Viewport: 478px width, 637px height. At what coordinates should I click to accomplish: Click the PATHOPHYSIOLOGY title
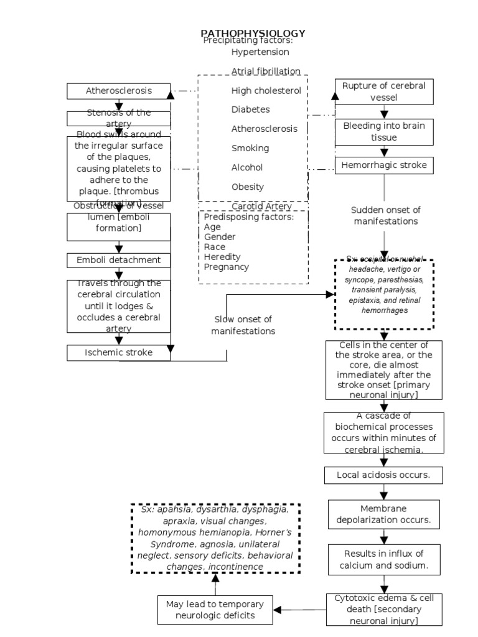[x=253, y=33]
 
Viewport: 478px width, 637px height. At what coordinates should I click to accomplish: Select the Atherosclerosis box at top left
[x=118, y=91]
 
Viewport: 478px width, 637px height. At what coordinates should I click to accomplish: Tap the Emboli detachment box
[x=118, y=260]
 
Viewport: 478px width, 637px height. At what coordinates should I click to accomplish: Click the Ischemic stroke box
[x=118, y=353]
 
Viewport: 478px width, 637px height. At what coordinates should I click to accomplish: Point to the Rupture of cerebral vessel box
[x=384, y=91]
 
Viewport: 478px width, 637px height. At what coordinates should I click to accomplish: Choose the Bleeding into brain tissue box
[x=384, y=131]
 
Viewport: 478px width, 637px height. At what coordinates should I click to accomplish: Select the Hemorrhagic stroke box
[x=384, y=165]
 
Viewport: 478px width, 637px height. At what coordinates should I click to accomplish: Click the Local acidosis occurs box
[x=384, y=475]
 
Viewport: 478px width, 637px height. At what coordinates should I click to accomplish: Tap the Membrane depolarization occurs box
[x=384, y=514]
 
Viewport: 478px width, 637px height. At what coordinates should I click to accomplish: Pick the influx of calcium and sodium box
[x=384, y=560]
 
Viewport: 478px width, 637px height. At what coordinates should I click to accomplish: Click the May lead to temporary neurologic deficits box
[x=215, y=610]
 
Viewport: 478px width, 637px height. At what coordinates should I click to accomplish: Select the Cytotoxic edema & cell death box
[x=384, y=609]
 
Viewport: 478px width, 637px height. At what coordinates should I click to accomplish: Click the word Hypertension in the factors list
[x=260, y=52]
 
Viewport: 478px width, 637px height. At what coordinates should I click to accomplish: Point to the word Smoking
[x=250, y=148]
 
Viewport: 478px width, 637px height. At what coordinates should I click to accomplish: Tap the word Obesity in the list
[x=248, y=187]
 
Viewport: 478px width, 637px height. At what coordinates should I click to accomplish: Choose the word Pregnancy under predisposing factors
[x=227, y=267]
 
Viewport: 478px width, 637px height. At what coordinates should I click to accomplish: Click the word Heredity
[x=222, y=256]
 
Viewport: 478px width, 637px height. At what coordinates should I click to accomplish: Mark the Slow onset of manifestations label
[x=243, y=325]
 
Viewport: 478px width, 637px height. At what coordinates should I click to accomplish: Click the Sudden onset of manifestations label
[x=386, y=215]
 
